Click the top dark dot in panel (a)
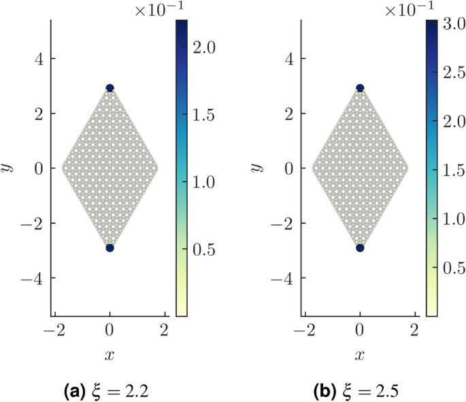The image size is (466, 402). tap(110, 88)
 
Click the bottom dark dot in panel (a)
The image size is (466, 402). tap(110, 248)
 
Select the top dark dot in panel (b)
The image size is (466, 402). tap(360, 88)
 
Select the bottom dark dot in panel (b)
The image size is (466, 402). tap(360, 248)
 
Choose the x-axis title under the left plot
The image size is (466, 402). tap(110, 355)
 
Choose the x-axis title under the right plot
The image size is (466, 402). tap(360, 355)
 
